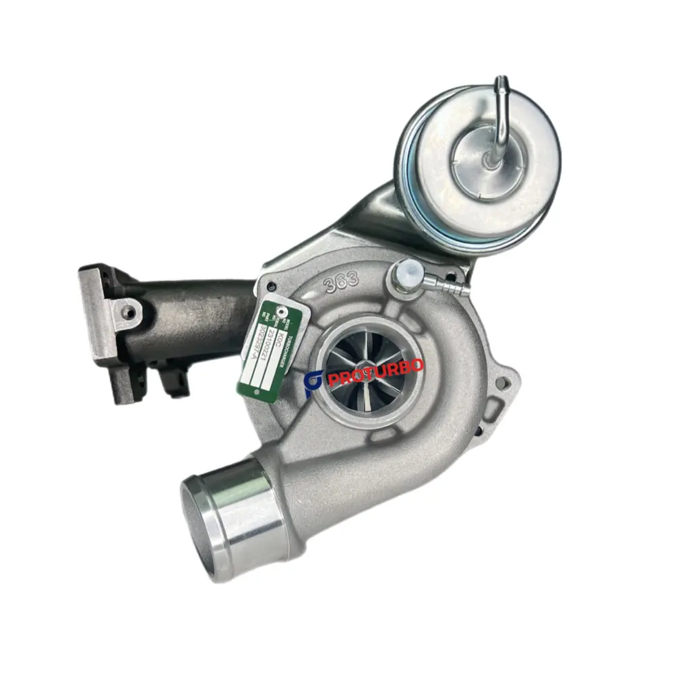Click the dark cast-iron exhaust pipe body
coord(195,317)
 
